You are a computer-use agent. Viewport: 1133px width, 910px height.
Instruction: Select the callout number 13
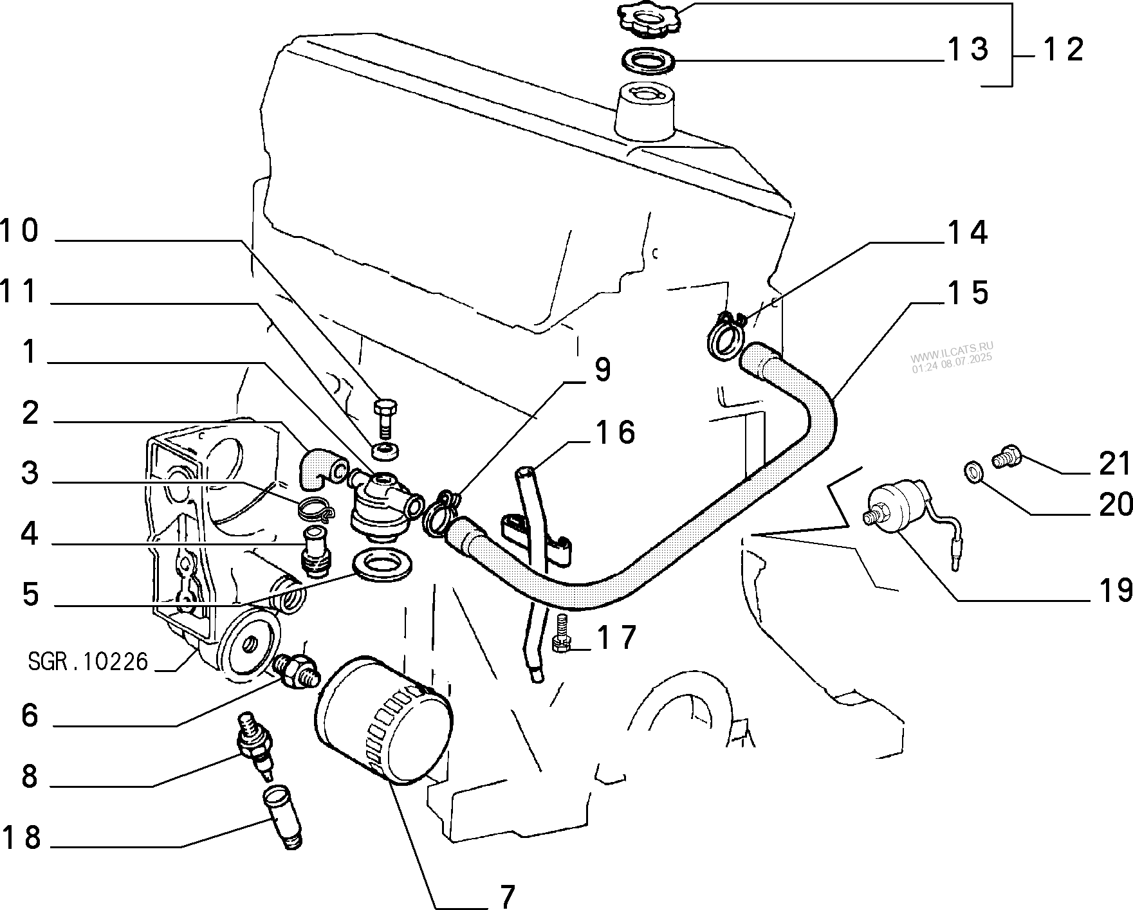[967, 50]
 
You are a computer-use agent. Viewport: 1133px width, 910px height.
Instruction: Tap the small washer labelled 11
[387, 450]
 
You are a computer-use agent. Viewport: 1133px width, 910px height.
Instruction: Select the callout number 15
[968, 293]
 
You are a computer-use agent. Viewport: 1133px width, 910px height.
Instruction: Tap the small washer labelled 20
[973, 473]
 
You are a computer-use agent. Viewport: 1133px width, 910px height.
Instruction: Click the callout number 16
[615, 432]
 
